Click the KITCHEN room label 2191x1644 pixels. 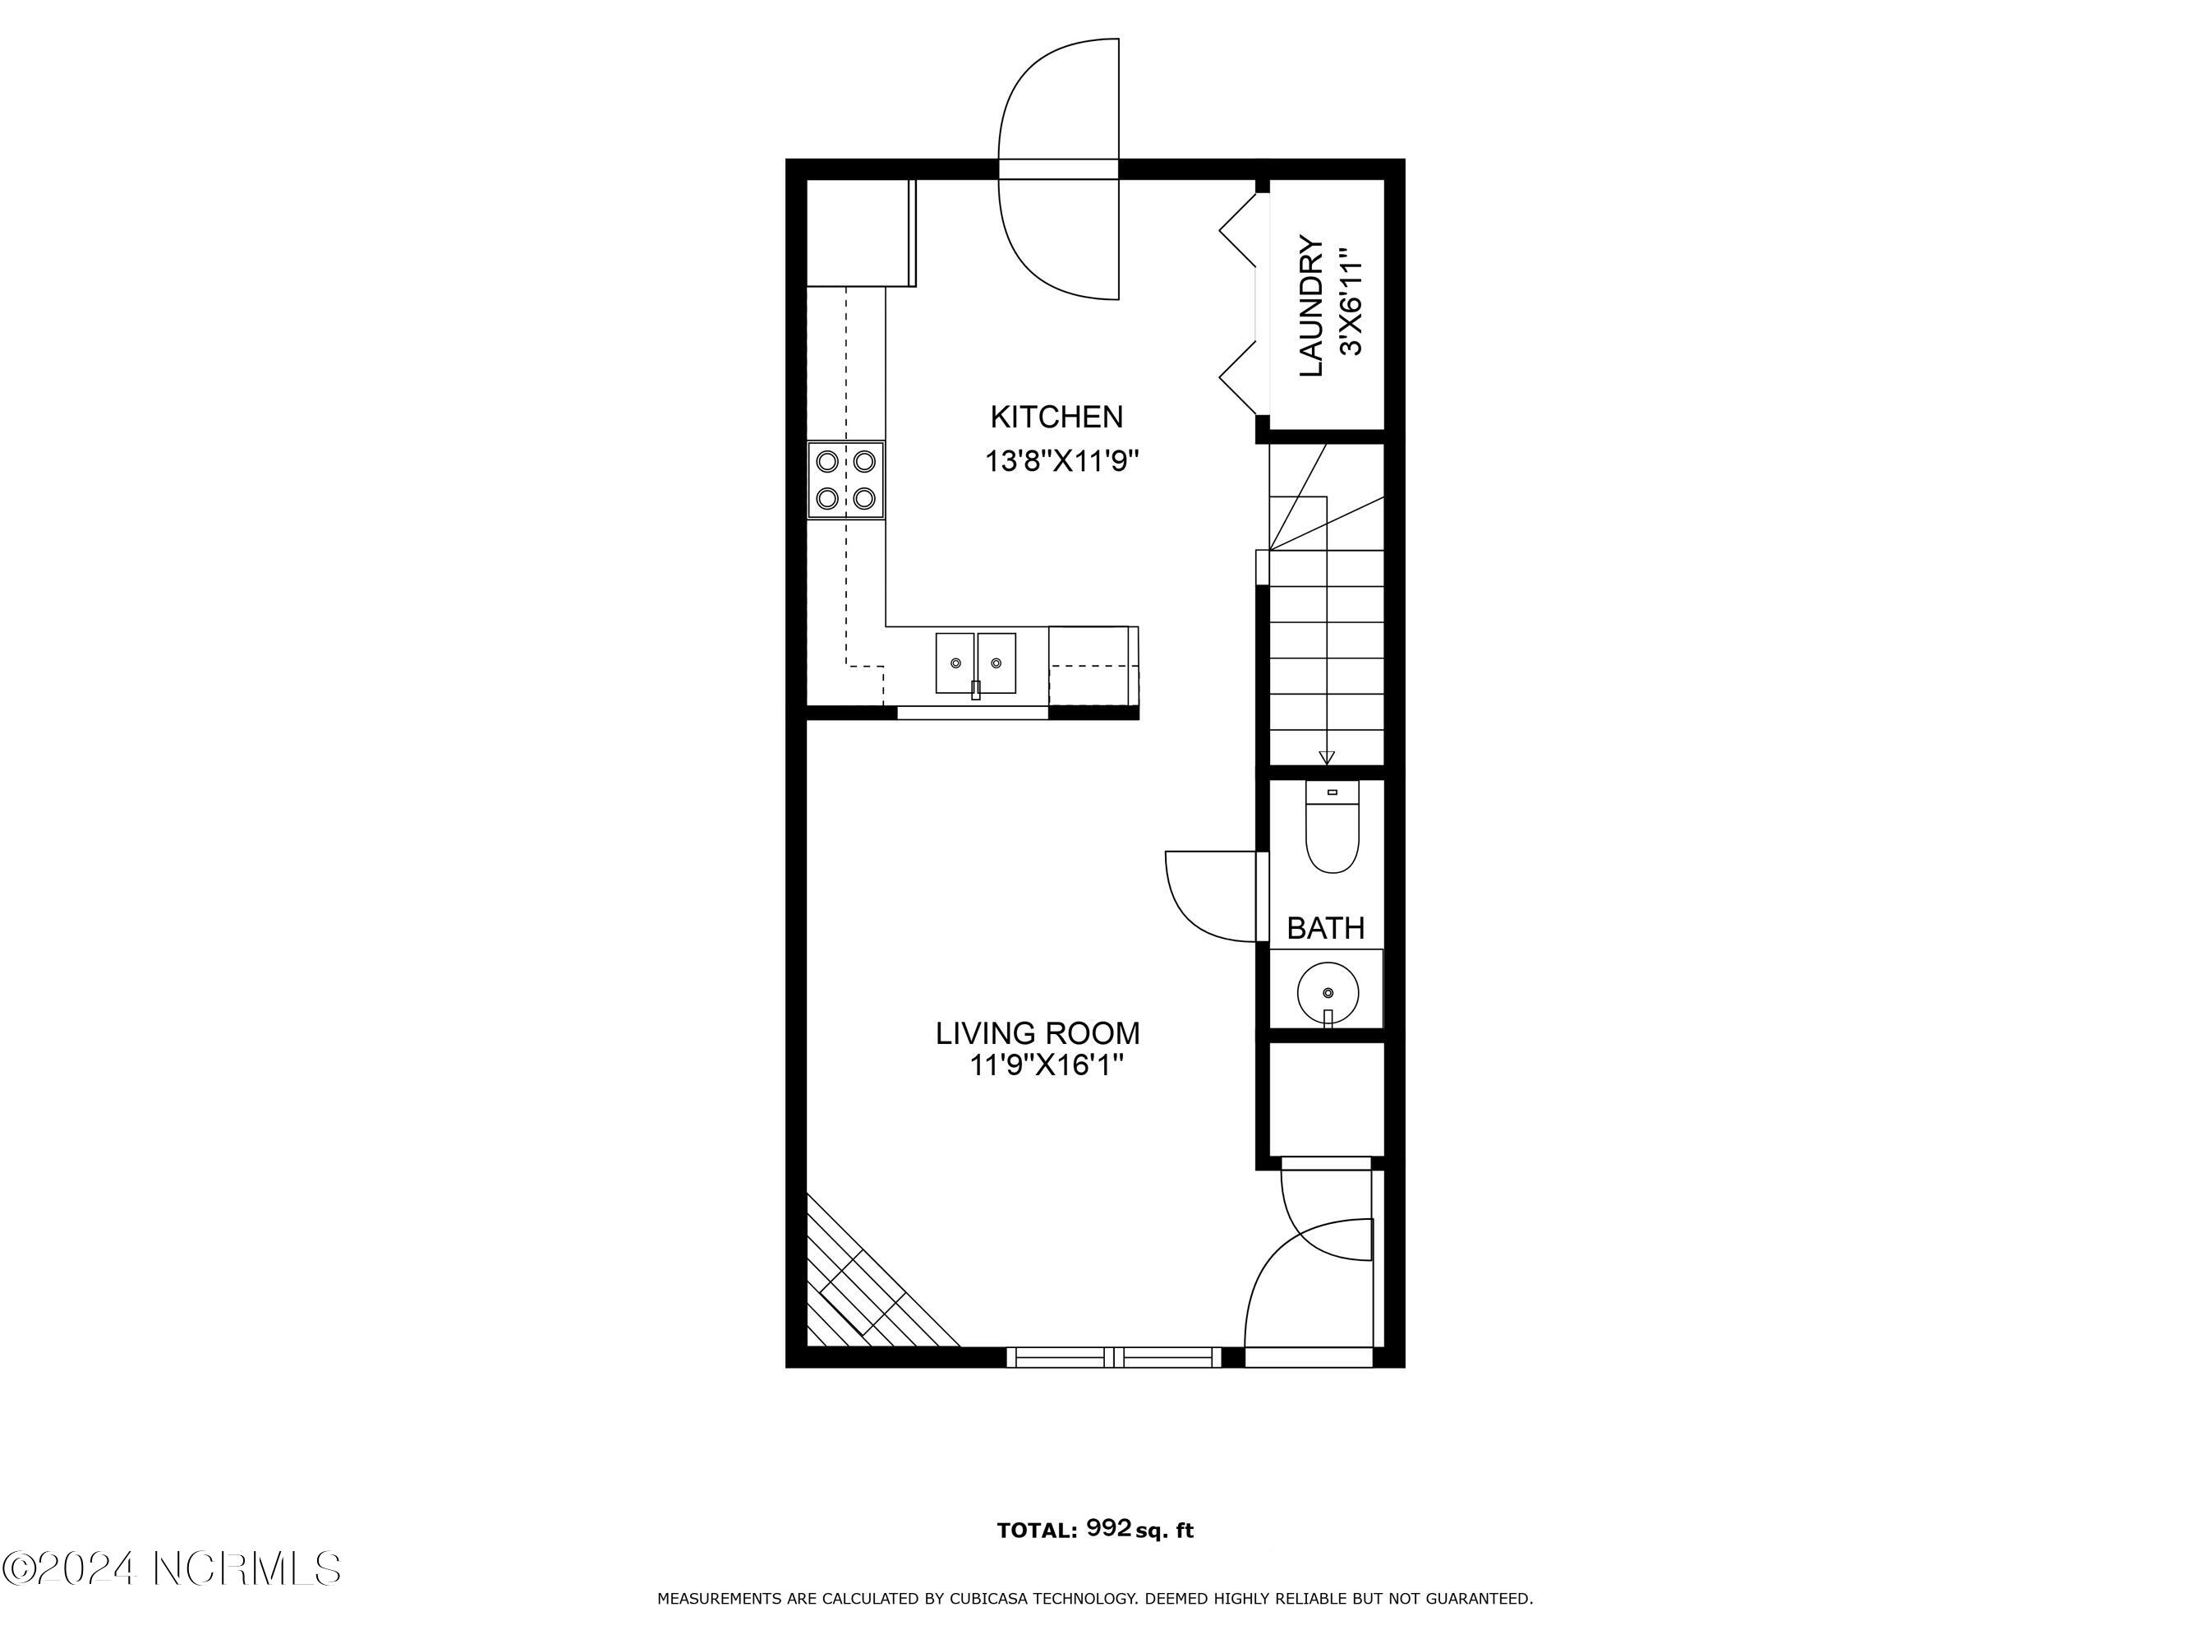tap(1056, 418)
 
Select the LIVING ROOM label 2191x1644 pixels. tap(1038, 1033)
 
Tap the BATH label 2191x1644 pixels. tap(1325, 929)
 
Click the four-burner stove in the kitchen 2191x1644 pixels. tap(846, 479)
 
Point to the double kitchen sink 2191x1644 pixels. tap(976, 663)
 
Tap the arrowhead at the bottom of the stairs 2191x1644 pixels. tap(1328, 758)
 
